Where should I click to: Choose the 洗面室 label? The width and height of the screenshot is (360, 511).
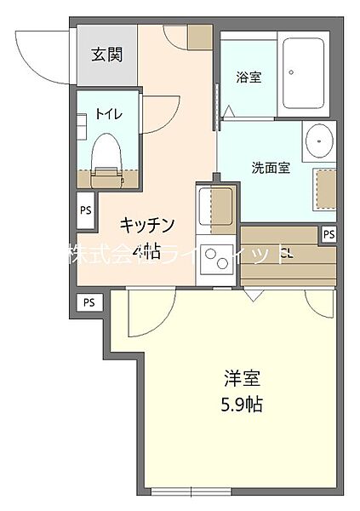point(271,168)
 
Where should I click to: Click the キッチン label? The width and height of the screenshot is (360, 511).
point(147,225)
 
